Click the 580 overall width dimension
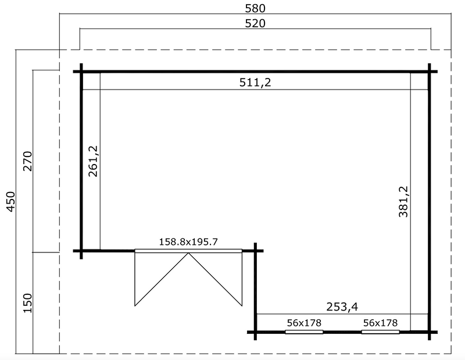pos(255,8)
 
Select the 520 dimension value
pos(255,23)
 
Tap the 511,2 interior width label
pos(255,82)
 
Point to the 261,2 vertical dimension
pos(93,161)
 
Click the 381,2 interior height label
pos(403,202)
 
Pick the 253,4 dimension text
pos(342,306)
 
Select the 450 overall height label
pos(10,202)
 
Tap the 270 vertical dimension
pos(27,161)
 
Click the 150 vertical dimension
pos(27,303)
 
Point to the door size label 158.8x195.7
pos(188,242)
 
